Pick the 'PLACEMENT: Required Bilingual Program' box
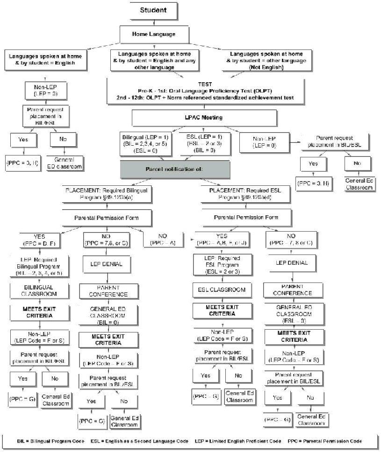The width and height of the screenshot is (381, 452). pyautogui.click(x=105, y=193)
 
